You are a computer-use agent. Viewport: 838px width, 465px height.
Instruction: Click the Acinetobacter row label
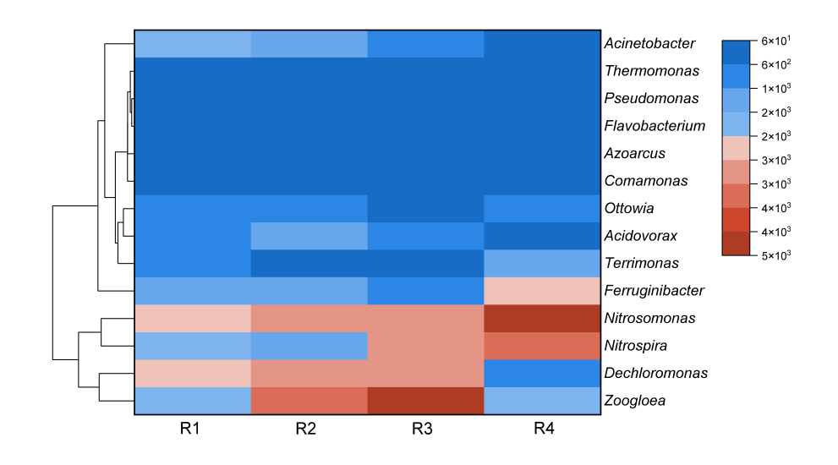coord(649,43)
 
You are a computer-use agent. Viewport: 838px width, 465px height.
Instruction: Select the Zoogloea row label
coord(634,401)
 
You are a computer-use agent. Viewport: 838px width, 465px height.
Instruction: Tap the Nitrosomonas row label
coord(649,319)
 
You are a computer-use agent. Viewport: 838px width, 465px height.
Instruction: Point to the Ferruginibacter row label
coord(655,291)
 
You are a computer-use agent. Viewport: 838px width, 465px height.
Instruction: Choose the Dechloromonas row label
coord(655,373)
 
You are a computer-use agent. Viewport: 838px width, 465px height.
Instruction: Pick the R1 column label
coord(189,429)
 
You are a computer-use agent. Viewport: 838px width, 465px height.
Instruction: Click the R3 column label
coord(423,429)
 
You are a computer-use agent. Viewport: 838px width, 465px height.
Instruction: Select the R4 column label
coord(544,429)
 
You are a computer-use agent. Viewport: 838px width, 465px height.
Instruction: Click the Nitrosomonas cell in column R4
coord(542,318)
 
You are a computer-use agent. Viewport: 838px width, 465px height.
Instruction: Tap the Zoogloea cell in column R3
coord(425,400)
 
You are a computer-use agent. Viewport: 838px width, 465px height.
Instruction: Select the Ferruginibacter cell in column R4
coord(542,291)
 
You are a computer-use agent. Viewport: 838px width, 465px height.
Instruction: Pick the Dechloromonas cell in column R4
coord(542,373)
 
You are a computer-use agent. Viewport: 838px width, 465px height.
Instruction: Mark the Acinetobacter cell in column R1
coord(193,43)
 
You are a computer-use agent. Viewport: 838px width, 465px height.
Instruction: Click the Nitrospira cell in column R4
coord(542,346)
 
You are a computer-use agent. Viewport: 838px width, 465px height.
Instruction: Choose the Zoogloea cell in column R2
coord(309,400)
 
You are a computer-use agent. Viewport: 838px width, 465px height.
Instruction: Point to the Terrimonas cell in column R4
coord(542,263)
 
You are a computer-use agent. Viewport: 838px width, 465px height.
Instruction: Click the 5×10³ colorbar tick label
coord(775,255)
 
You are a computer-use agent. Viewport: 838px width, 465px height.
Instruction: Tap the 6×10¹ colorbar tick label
coord(775,41)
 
